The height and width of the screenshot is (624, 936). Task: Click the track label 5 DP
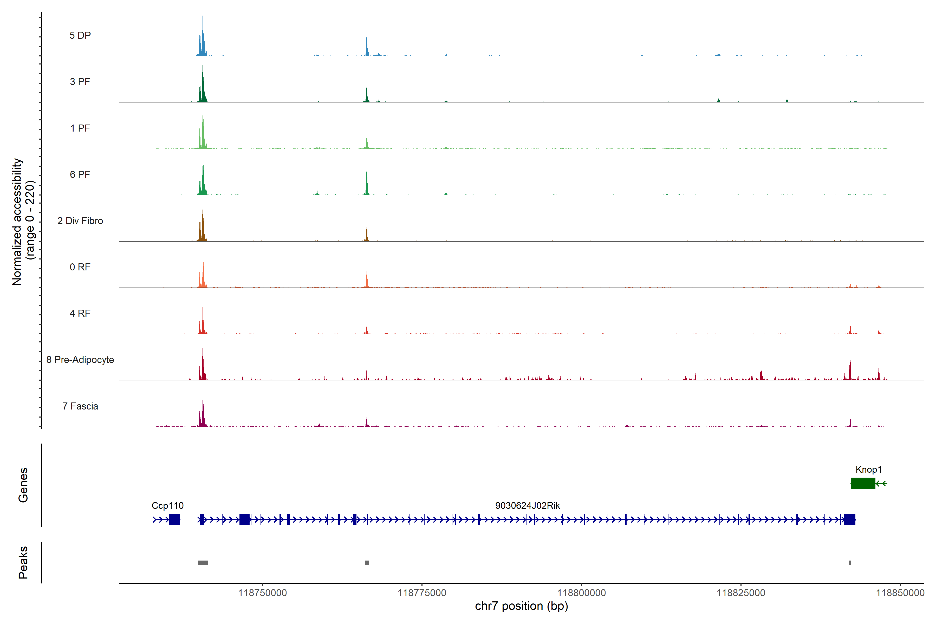80,35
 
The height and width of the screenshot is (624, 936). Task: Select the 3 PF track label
80,82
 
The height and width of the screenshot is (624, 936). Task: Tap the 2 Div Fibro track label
80,221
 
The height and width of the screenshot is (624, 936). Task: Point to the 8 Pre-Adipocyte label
80,360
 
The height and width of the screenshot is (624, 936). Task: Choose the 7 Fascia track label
80,406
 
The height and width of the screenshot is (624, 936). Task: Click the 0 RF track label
80,267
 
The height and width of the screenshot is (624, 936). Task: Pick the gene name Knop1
868,470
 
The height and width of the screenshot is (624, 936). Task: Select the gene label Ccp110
167,506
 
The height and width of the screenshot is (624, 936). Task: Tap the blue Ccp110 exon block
174,519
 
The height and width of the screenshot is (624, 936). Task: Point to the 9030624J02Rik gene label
527,506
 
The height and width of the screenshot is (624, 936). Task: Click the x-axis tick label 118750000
262,593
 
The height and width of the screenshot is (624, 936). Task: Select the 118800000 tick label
581,593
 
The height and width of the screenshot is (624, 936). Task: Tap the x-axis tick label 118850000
900,593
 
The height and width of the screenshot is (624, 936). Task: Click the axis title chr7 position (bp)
521,606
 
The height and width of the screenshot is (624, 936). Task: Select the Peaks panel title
23,562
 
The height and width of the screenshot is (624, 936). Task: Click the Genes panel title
23,485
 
